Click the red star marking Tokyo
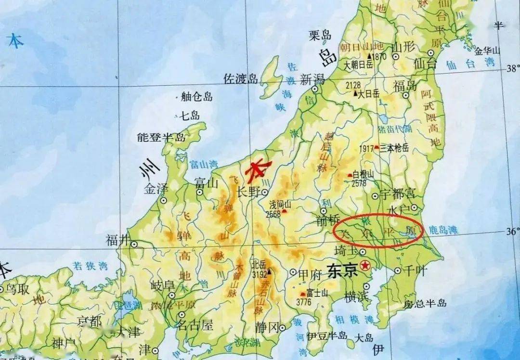[x=367, y=265]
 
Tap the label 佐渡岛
[x=241, y=79]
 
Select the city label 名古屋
[x=195, y=325]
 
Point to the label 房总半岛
[x=425, y=304]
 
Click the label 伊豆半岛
[x=326, y=335]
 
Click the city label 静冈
[x=267, y=328]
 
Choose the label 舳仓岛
[x=196, y=97]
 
